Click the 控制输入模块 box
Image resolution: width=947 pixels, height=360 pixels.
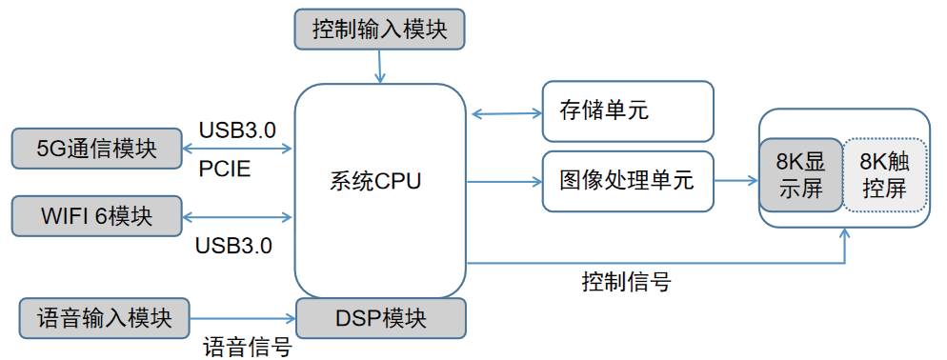(379, 29)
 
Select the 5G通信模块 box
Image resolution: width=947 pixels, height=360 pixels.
(96, 149)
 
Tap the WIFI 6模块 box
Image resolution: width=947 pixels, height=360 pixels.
(96, 215)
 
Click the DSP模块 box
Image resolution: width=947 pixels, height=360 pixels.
(380, 318)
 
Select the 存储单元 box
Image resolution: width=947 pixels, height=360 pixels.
(627, 110)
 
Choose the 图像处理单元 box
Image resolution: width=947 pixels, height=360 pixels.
(627, 180)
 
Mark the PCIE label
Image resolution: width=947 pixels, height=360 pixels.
(225, 170)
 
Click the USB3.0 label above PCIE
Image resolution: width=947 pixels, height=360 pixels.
(237, 130)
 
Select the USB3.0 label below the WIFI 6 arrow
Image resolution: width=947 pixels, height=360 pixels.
(233, 246)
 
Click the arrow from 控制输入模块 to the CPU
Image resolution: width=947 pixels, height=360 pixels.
(379, 66)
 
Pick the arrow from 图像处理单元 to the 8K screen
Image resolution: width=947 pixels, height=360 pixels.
(736, 180)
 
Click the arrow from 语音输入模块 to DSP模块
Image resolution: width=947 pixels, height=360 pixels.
(243, 318)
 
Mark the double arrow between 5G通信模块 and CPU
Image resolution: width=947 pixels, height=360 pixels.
(238, 150)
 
